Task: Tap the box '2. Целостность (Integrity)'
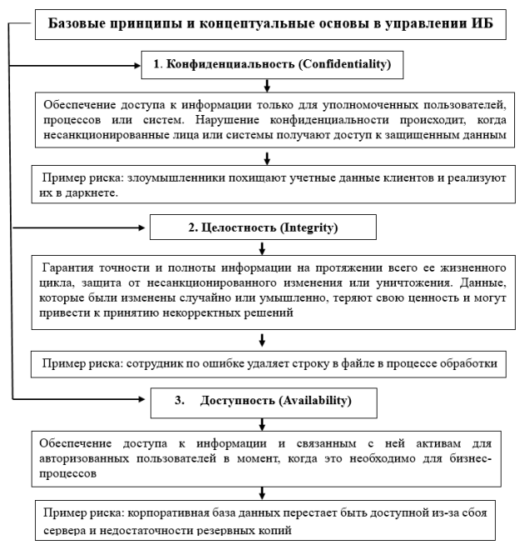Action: [263, 226]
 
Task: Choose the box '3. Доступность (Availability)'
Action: [263, 400]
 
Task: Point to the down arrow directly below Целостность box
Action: [263, 247]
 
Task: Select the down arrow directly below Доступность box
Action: [263, 423]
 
